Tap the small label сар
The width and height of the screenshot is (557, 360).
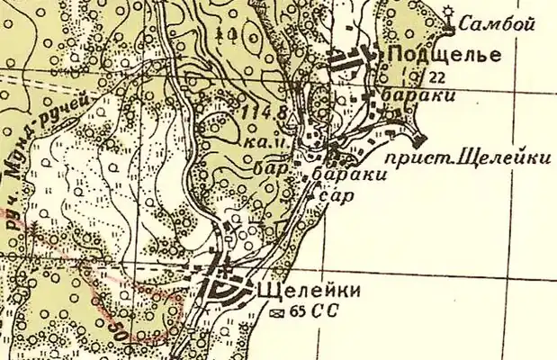click(x=334, y=196)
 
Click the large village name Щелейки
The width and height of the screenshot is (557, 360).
click(x=310, y=292)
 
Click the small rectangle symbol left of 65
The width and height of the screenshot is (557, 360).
click(x=278, y=312)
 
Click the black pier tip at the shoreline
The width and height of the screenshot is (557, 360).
click(x=419, y=139)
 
